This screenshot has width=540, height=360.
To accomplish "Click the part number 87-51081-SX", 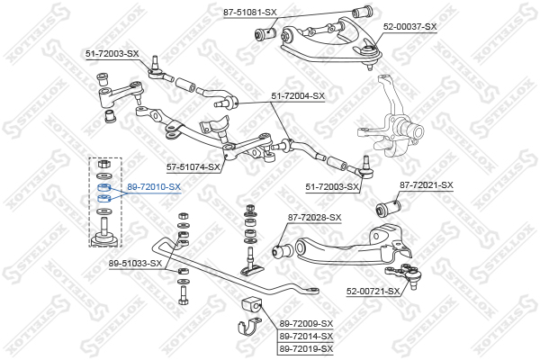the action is click(x=249, y=13).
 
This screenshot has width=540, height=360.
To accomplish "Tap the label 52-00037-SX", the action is click(x=409, y=26).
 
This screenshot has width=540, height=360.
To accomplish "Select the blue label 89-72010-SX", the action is click(x=154, y=187).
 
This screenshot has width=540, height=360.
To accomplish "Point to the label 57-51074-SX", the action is click(x=193, y=167).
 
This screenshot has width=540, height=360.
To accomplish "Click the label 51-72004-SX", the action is click(x=298, y=96).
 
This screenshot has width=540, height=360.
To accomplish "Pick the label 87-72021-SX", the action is click(x=427, y=185).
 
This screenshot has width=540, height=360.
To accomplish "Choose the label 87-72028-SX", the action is click(x=314, y=218).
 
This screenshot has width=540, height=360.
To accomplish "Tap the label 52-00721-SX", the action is click(x=373, y=292).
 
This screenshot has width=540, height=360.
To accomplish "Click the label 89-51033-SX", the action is click(x=135, y=264).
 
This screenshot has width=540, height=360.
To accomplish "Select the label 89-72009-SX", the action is click(x=306, y=324).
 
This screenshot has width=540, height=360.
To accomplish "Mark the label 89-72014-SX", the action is click(x=306, y=336).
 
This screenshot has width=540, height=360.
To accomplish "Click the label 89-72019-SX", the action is click(x=306, y=348).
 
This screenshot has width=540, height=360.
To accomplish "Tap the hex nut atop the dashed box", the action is click(x=103, y=164).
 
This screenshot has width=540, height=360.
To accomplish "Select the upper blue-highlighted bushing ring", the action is click(x=104, y=188).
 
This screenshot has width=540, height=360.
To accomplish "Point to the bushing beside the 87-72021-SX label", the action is click(x=389, y=207).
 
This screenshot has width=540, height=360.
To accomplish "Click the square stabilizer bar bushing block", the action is click(x=252, y=303).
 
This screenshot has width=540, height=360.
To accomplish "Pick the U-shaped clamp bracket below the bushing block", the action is click(x=249, y=328).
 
